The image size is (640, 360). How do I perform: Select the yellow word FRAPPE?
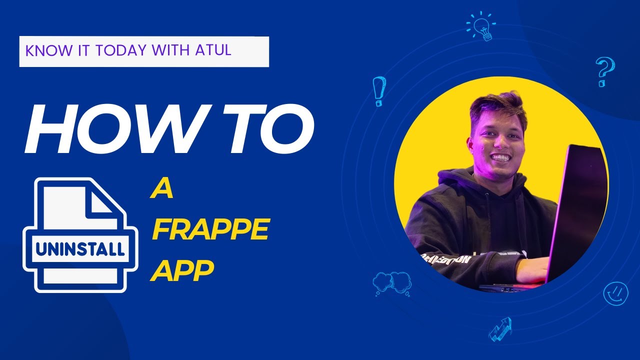point(210,231)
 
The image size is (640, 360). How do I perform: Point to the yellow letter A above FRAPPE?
point(161,190)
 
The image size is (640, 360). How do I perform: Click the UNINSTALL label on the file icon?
point(80,248)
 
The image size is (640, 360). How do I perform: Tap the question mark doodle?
point(605,71)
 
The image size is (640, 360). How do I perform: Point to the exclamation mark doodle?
point(379,90)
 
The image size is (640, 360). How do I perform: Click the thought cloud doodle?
point(391,283)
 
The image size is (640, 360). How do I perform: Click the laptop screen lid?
point(575,210)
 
